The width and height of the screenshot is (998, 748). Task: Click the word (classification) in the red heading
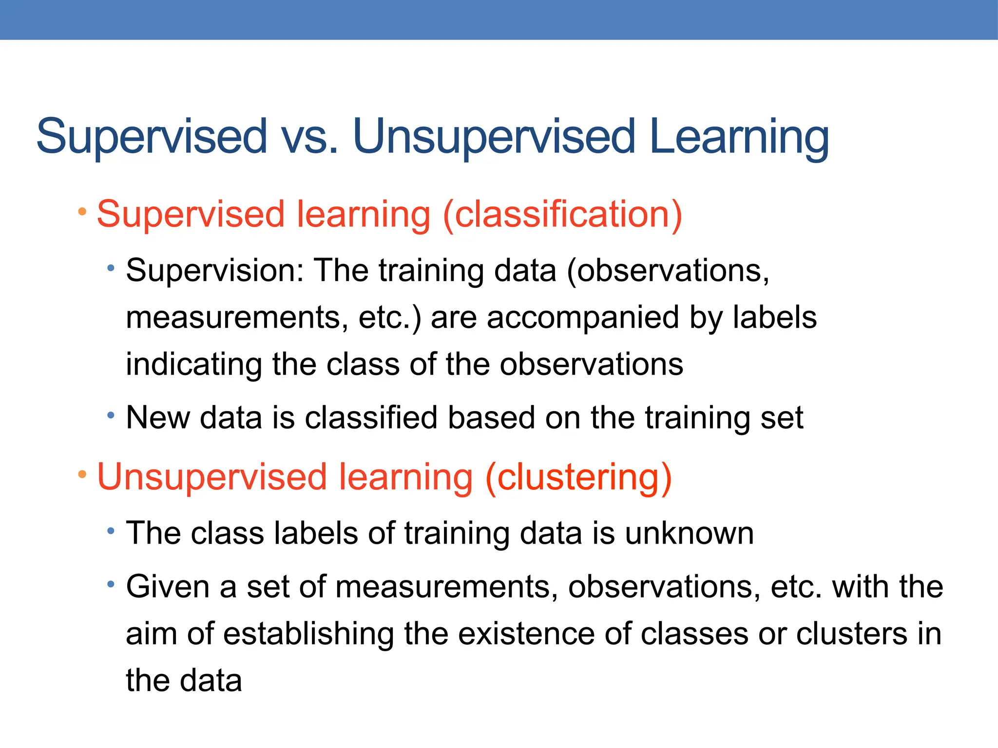pos(562,214)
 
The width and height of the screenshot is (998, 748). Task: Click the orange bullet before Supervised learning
pos(82,212)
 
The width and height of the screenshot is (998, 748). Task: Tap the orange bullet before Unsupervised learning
pos(82,474)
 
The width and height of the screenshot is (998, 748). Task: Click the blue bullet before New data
pos(111,415)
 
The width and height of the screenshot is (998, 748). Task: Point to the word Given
pos(168,587)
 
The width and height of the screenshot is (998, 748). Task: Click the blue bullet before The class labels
pos(111,531)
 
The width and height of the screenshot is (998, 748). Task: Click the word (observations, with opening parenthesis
pos(668,271)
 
